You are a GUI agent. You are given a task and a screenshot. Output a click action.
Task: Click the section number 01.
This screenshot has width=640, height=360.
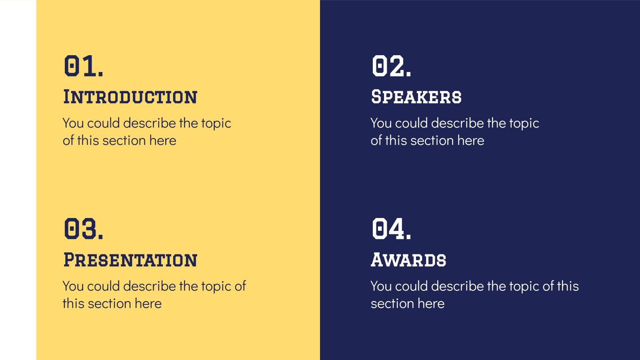tap(84, 66)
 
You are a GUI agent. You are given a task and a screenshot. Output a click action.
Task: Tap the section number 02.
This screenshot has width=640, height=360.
tap(391, 66)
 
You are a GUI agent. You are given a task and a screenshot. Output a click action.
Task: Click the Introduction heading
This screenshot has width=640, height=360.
tap(130, 97)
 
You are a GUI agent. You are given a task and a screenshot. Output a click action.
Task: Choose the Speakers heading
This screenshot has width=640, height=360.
tap(416, 97)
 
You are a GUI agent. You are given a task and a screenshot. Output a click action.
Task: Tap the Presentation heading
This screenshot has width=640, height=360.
tap(130, 260)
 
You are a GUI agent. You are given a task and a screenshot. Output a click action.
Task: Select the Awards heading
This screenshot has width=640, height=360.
tap(408, 260)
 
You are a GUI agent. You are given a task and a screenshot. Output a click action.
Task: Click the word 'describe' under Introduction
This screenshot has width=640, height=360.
tap(149, 123)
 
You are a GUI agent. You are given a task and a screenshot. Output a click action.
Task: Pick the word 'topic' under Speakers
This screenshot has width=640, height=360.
tap(524, 124)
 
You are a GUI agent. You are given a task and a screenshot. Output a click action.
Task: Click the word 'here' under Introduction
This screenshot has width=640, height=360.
tap(163, 141)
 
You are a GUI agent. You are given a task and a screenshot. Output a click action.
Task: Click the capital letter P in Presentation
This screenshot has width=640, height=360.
tap(70, 260)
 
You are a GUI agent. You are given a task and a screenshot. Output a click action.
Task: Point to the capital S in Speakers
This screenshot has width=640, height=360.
tap(377, 97)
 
